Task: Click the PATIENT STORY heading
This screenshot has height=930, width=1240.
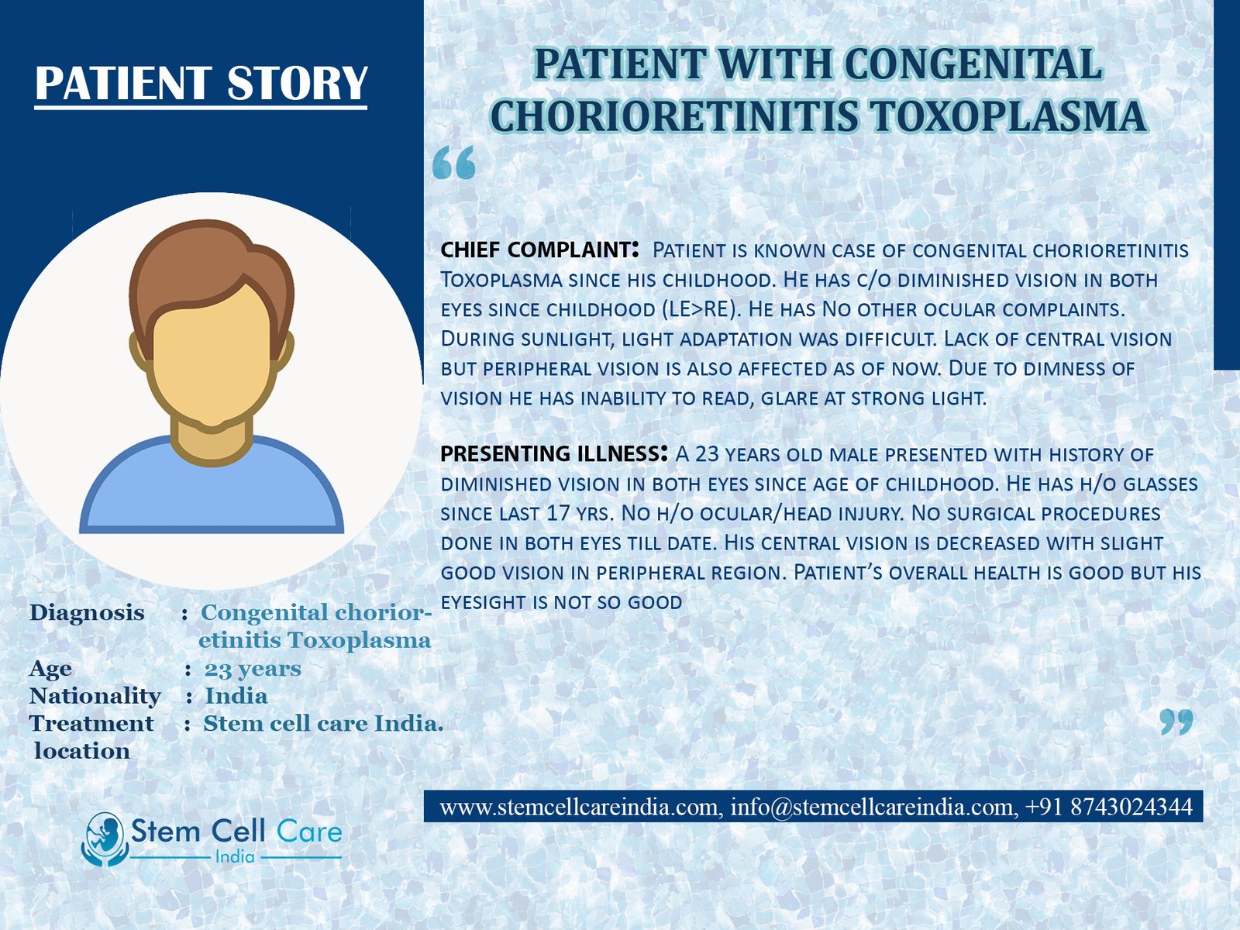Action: point(201,84)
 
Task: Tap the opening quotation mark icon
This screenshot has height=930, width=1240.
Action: point(453,164)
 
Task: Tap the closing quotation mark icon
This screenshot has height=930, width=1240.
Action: point(1176,722)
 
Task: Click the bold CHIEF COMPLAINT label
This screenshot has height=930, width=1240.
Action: point(539,250)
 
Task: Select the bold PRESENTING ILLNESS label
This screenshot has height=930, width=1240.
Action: point(554,453)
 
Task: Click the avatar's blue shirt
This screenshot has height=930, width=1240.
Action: point(212,491)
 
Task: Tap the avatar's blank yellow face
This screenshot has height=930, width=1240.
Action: point(212,356)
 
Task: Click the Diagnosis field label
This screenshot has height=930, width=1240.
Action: point(87,613)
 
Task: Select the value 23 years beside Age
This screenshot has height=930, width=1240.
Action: point(253,669)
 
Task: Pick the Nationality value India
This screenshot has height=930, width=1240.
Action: point(236,696)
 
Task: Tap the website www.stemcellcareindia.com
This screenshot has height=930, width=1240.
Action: point(578,807)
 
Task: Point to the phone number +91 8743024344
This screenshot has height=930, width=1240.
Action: point(1108,806)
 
